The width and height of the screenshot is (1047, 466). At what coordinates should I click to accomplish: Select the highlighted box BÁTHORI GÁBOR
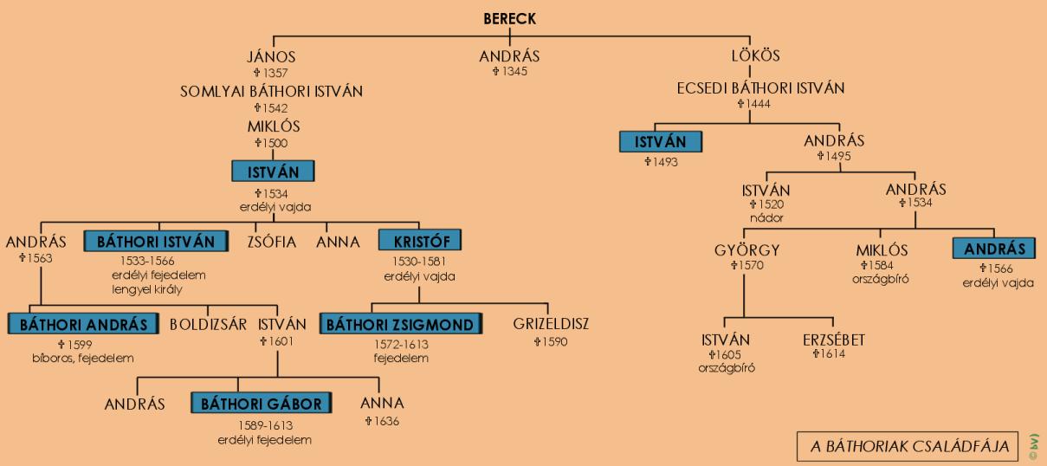(x=262, y=404)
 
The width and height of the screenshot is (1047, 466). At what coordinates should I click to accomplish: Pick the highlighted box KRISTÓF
(x=419, y=241)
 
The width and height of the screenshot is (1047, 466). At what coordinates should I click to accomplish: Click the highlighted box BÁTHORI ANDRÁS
(x=83, y=325)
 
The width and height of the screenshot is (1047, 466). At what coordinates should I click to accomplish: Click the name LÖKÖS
(x=755, y=56)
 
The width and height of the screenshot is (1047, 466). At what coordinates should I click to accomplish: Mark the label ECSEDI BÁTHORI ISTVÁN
(x=760, y=88)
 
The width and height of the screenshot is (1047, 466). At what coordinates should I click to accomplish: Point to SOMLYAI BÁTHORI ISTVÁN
(x=271, y=91)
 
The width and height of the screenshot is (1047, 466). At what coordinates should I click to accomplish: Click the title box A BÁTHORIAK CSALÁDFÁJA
(x=909, y=446)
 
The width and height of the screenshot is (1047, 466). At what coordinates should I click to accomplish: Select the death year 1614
(x=832, y=354)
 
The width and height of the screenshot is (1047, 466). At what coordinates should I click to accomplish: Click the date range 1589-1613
(x=262, y=426)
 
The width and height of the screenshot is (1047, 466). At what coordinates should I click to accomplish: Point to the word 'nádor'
(x=766, y=217)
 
